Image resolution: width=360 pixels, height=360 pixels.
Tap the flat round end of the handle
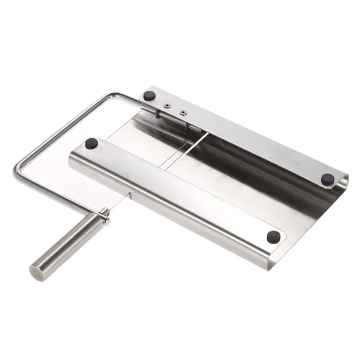coord(36,271)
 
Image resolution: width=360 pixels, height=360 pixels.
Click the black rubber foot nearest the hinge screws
coord(150,95)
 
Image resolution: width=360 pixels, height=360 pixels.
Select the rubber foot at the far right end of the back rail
coord(328,179)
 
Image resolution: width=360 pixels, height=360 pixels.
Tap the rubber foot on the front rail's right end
coord(273,236)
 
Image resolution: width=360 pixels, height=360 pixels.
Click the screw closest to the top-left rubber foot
coord(166,106)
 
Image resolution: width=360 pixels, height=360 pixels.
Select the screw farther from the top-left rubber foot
coord(183,113)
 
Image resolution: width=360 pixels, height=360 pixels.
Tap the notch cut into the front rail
coord(130,194)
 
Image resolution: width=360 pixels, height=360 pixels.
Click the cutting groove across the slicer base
coord(187,149)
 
